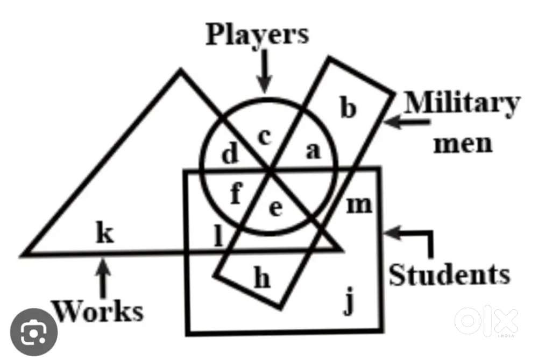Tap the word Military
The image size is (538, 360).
tap(462, 103)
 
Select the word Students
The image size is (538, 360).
tap(449, 275)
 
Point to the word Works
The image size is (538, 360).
tap(98, 310)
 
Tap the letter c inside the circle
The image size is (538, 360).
tap(264, 137)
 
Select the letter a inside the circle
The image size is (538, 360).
tap(313, 151)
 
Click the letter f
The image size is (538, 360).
tap(235, 194)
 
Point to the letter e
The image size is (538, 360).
tap(275, 208)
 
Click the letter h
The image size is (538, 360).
tap(261, 279)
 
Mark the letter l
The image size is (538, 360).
tap(218, 236)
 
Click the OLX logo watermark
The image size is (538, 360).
tap(486, 322)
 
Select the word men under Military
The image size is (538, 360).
tap(463, 144)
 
